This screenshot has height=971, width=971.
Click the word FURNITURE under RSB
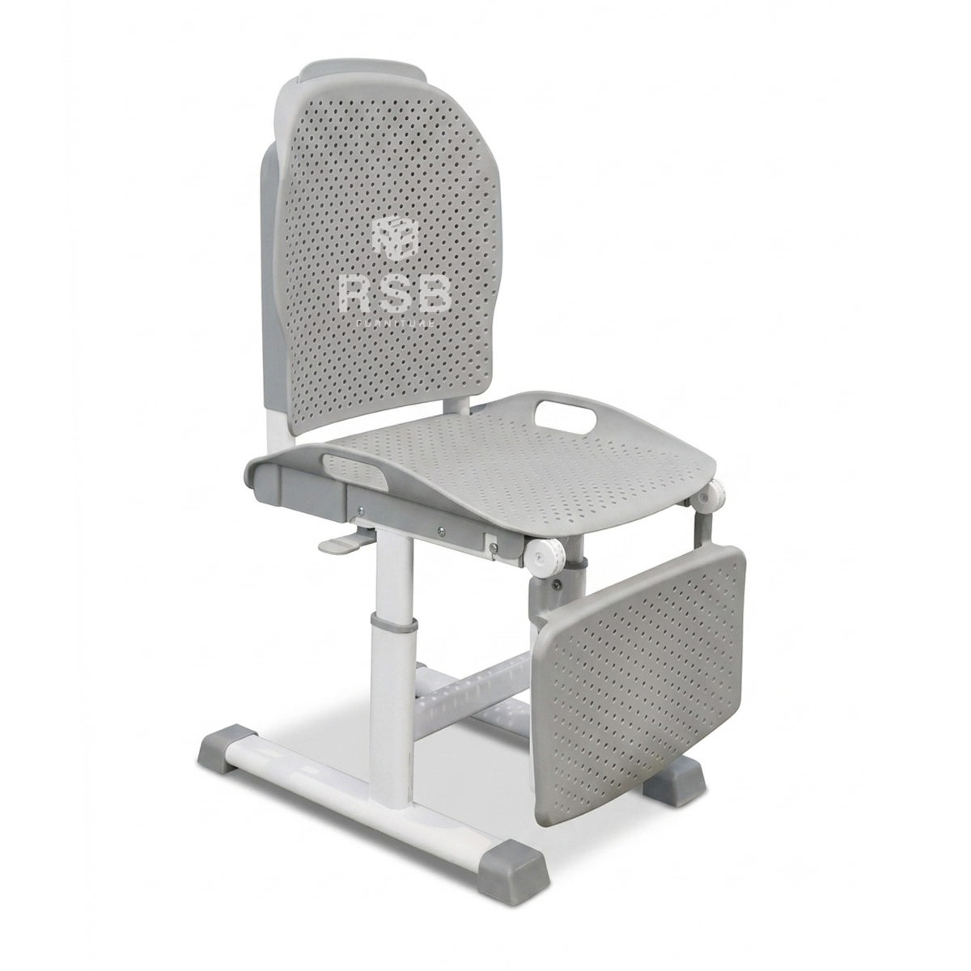[395, 324]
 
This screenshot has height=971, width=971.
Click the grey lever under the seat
[341, 545]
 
